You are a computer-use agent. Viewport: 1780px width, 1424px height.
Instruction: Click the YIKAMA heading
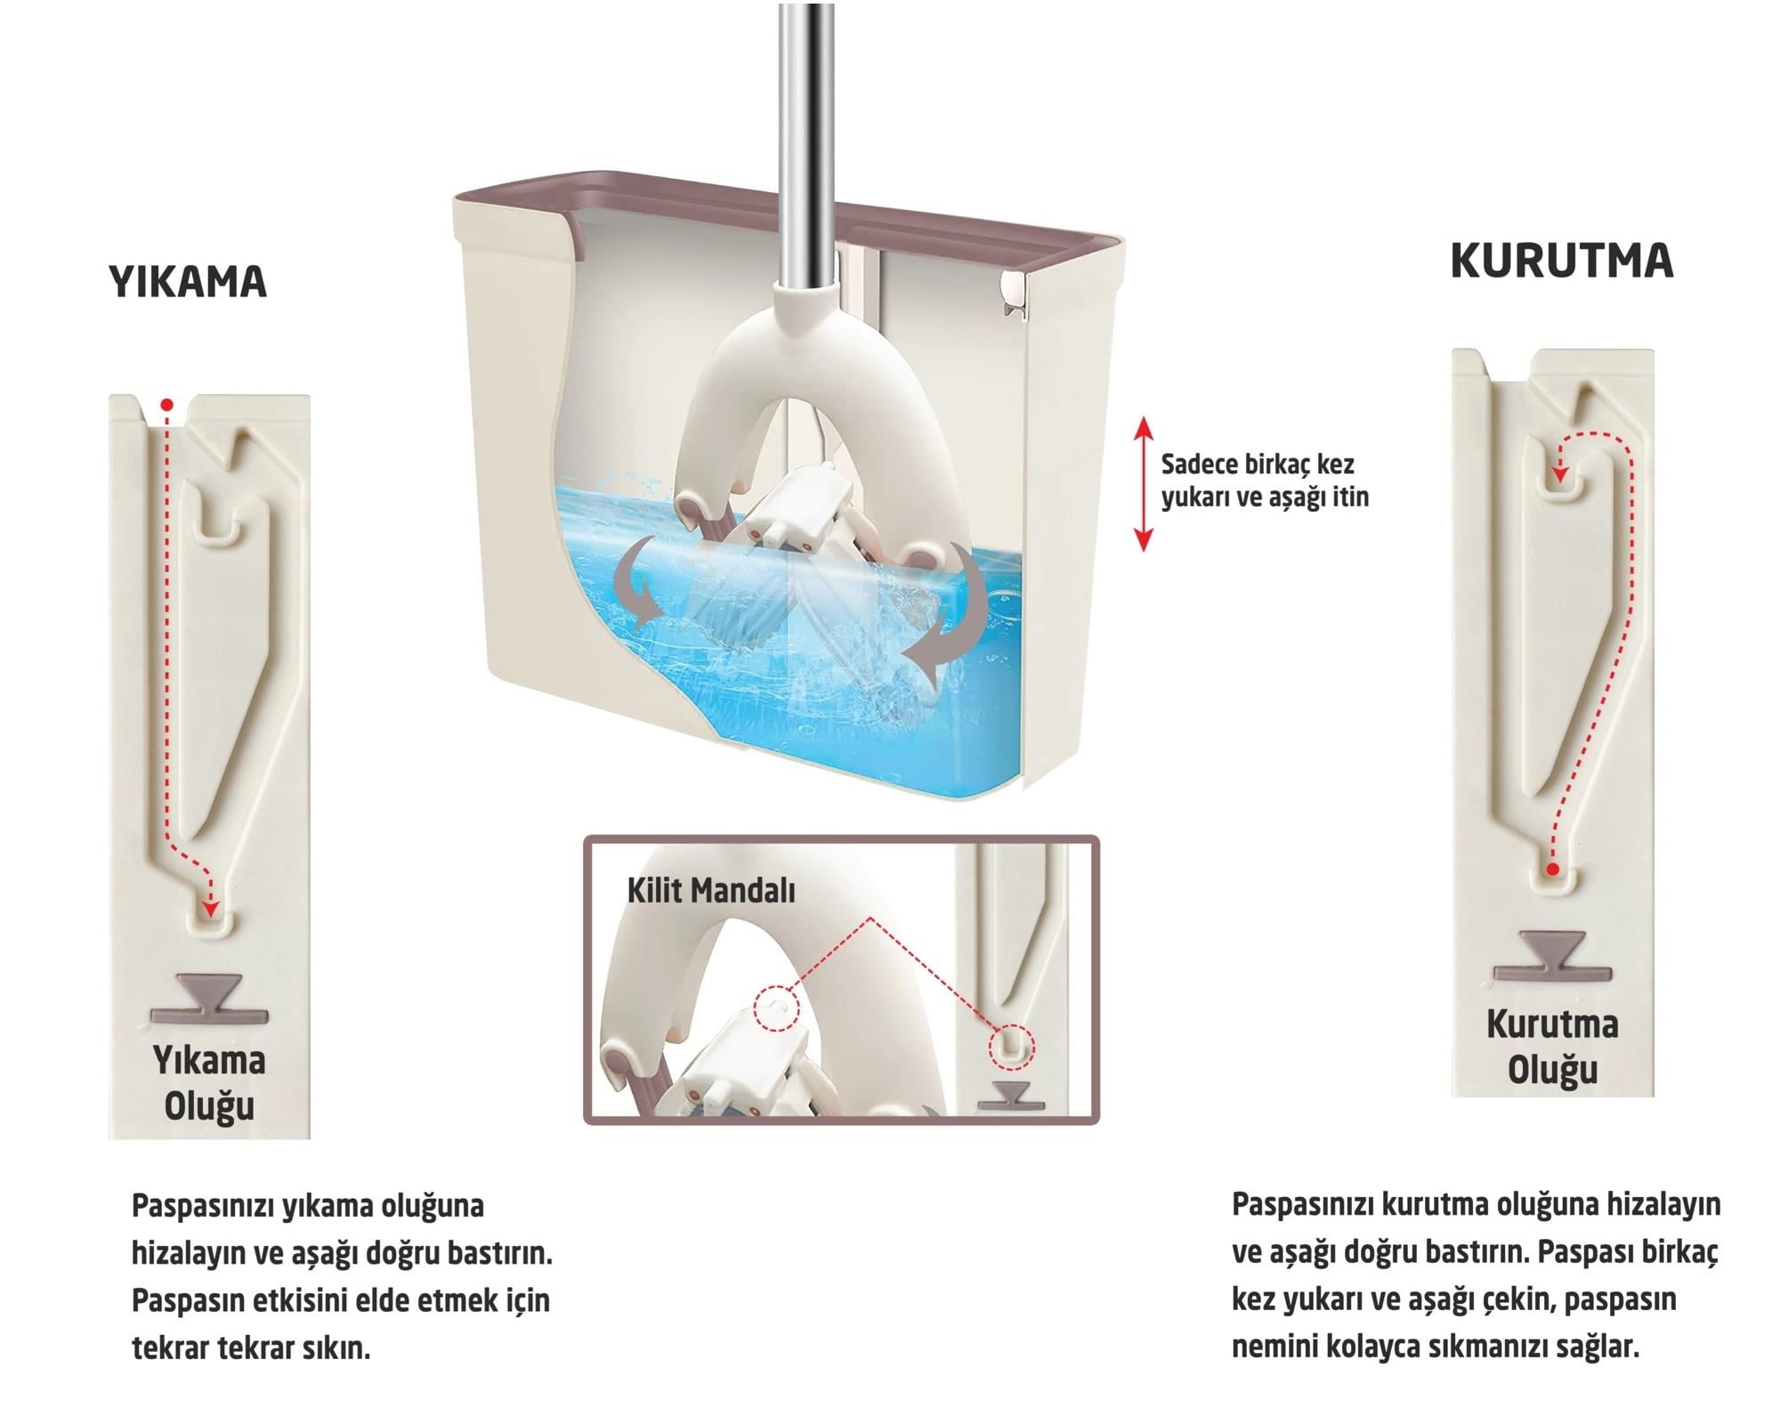click(188, 282)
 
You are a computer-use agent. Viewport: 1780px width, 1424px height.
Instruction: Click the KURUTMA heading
click(1561, 261)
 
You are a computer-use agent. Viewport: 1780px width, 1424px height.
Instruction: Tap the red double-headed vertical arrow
click(1144, 485)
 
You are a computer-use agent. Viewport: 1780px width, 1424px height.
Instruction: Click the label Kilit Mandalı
click(710, 891)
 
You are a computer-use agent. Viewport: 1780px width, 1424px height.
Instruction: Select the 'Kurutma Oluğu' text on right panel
click(1552, 1047)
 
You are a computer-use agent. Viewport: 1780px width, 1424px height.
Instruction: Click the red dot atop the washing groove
click(166, 406)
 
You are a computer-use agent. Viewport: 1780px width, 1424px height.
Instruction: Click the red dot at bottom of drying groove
click(1552, 869)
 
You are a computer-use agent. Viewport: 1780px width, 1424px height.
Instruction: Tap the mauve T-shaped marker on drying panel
click(1552, 956)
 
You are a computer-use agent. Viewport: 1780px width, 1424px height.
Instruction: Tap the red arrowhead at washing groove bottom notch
click(210, 909)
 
